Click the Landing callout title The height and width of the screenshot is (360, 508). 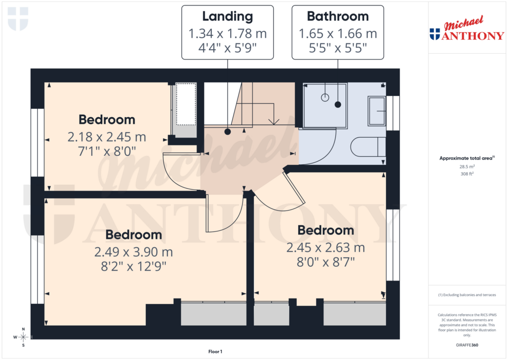[228, 16]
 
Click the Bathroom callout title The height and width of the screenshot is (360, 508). [338, 16]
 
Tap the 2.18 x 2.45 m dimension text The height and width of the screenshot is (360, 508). [107, 137]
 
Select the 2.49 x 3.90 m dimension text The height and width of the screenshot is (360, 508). [133, 252]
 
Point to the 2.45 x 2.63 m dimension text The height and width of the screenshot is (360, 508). [325, 247]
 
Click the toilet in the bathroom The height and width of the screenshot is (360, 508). [368, 147]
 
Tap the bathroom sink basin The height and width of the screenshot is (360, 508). [377, 111]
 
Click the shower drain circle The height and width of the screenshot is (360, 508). [325, 97]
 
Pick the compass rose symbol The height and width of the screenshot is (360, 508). [23, 337]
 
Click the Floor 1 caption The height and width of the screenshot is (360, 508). [215, 352]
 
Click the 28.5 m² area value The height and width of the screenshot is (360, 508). [466, 167]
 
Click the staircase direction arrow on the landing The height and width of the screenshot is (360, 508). [273, 120]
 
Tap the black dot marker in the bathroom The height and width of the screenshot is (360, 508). [338, 104]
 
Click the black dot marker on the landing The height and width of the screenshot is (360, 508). [227, 132]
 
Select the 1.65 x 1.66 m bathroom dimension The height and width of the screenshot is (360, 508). [338, 34]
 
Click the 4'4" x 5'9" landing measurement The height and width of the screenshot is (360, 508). [228, 48]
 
